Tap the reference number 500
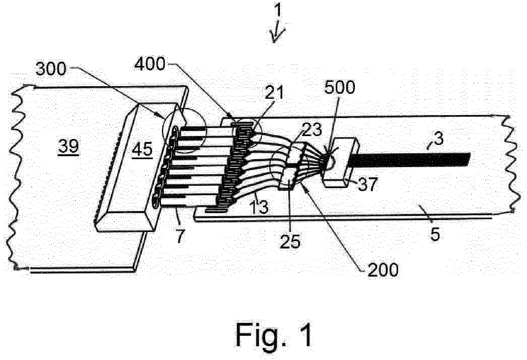tap(339, 87)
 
